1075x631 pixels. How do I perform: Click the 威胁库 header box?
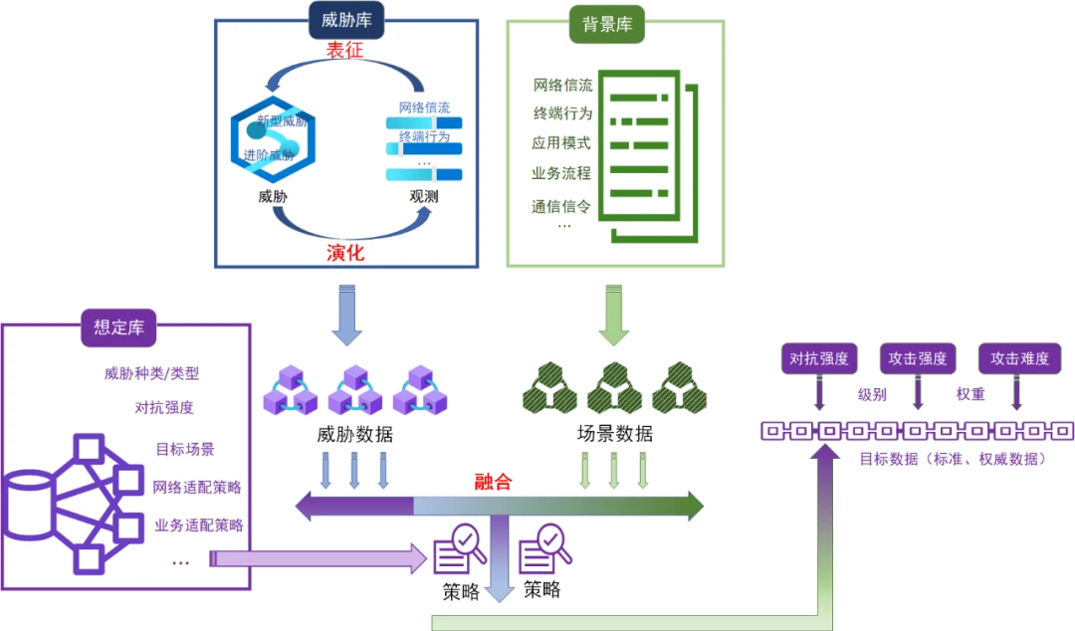[x=346, y=22]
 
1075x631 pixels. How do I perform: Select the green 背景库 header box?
[x=606, y=24]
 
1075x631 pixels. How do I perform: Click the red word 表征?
[x=344, y=51]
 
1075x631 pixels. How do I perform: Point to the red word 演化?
[x=345, y=253]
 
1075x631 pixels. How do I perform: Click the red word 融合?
[x=493, y=482]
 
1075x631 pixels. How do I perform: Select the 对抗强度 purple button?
[x=819, y=358]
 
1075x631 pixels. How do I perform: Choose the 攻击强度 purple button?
[x=918, y=358]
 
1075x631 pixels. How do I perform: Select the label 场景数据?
[x=615, y=434]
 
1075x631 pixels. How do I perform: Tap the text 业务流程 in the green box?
[x=561, y=173]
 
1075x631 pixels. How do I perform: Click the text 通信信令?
[x=561, y=206]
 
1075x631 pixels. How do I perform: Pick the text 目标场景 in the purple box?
[x=185, y=449]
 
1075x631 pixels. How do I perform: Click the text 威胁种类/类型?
[x=151, y=374]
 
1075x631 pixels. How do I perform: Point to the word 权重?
[x=970, y=394]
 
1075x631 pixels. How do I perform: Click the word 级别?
[x=872, y=394]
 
